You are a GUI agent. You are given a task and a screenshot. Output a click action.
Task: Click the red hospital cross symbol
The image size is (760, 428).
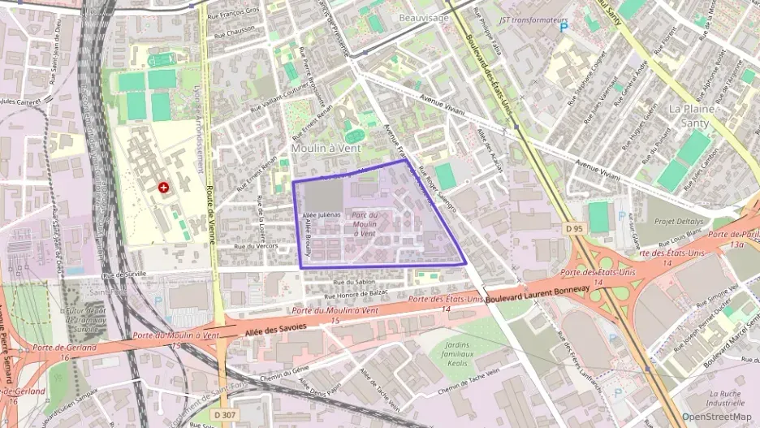[x=164, y=188]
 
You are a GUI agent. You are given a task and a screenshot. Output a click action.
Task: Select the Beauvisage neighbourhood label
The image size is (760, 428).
[x=424, y=17]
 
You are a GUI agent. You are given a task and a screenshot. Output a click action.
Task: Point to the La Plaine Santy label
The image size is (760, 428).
[x=689, y=116]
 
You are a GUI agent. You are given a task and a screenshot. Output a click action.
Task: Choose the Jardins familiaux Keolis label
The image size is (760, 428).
[x=461, y=354]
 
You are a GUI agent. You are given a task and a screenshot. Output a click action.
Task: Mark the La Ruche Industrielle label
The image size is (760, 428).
[x=724, y=396]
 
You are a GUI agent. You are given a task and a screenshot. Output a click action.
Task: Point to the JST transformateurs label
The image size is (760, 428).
[x=533, y=19]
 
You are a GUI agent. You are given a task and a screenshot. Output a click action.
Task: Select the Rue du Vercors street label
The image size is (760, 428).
[x=256, y=246]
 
